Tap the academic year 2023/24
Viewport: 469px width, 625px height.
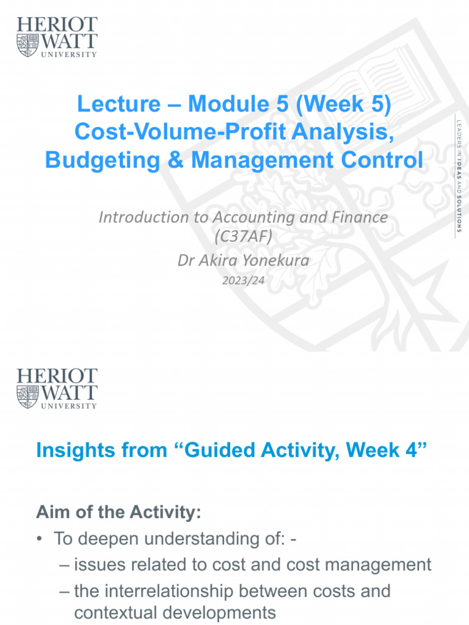click(243, 280)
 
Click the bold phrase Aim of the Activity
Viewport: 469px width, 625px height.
click(118, 513)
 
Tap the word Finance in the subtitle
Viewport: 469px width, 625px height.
click(357, 217)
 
